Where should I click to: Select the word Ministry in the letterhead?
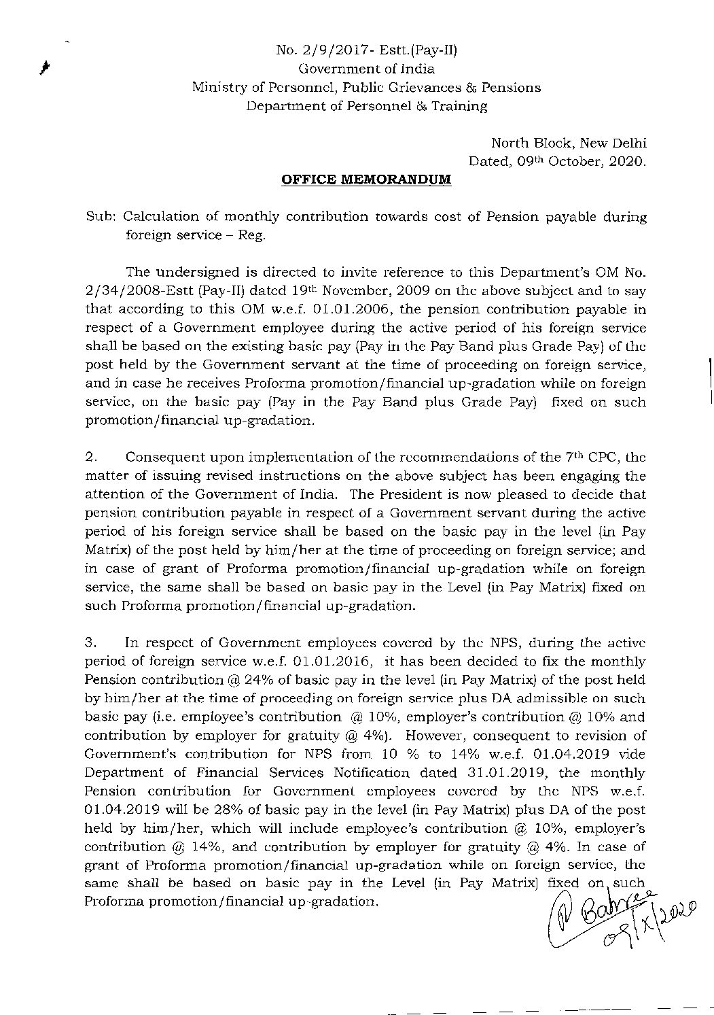(219, 87)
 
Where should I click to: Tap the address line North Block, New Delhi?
(569, 143)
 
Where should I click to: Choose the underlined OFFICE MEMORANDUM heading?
(366, 180)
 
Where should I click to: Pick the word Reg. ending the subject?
(254, 236)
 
